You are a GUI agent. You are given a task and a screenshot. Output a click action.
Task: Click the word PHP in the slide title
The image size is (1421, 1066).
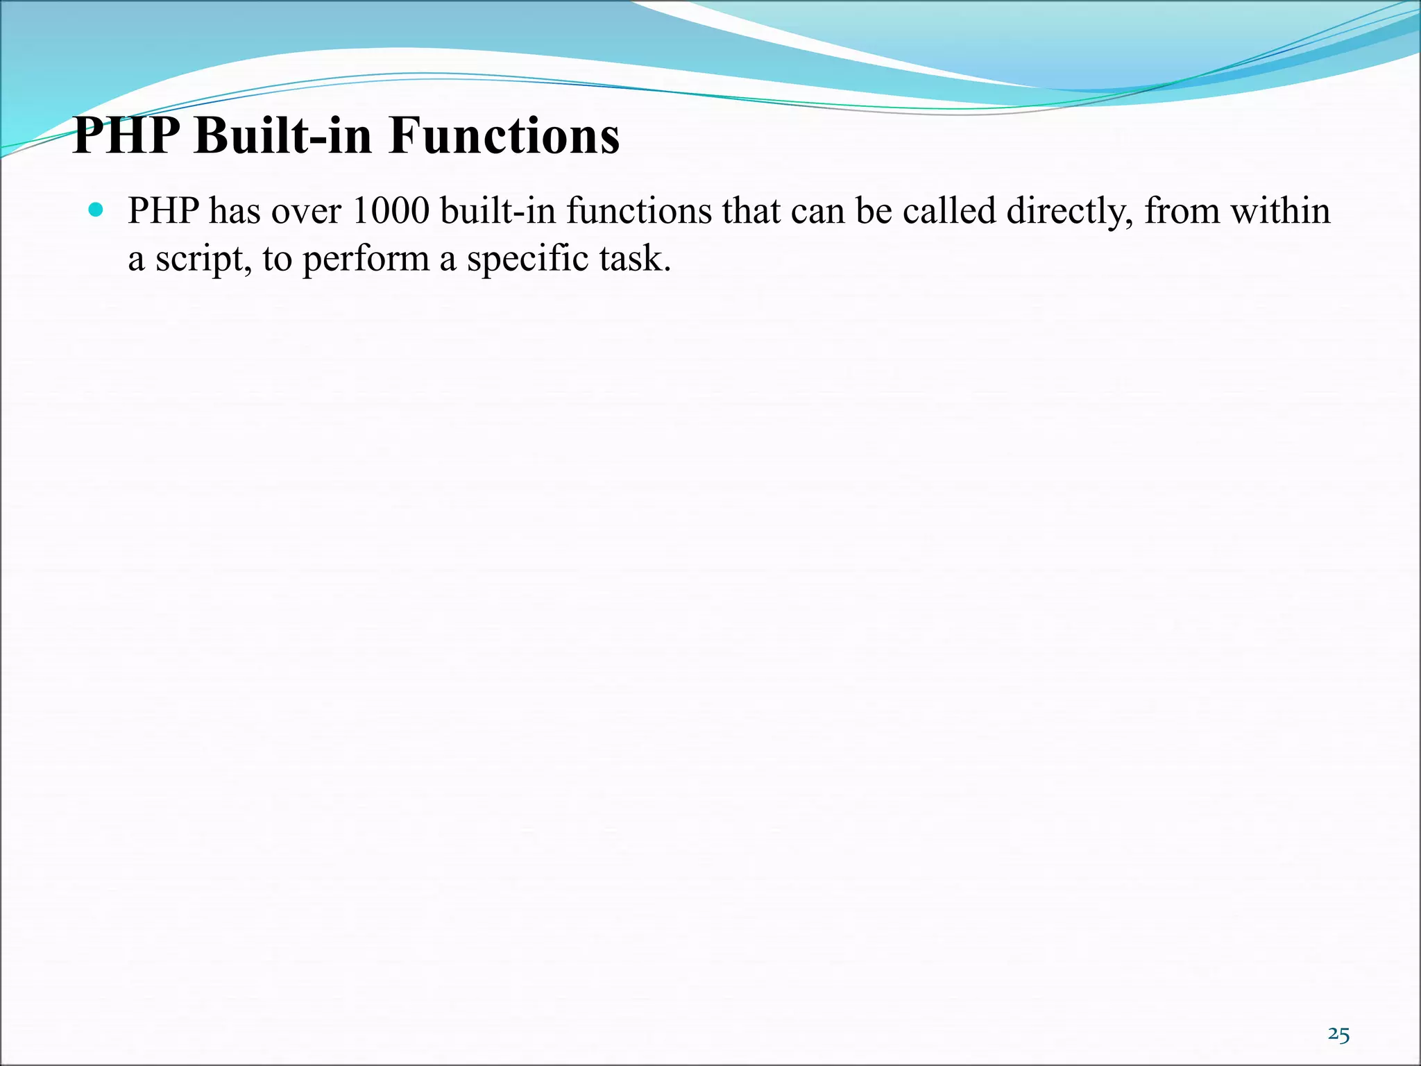click(x=126, y=135)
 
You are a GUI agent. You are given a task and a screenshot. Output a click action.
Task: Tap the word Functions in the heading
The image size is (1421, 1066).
click(x=504, y=135)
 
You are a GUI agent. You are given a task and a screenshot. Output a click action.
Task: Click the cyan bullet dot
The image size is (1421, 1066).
click(x=96, y=209)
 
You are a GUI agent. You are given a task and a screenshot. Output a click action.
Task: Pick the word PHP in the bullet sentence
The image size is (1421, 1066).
click(x=164, y=211)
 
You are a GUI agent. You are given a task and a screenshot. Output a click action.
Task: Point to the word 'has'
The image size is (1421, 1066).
click(x=235, y=211)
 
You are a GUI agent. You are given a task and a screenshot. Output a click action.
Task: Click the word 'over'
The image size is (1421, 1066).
click(x=306, y=212)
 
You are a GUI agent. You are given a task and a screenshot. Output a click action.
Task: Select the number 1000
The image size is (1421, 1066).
click(x=391, y=211)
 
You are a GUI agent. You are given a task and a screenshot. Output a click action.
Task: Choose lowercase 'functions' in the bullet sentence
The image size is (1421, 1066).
click(x=639, y=211)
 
